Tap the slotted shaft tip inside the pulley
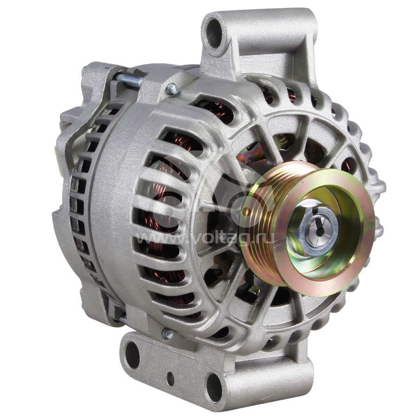(x=320, y=230)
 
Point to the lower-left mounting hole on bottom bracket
(x=131, y=354)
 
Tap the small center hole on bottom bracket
(x=170, y=378)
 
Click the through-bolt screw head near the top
(x=172, y=89)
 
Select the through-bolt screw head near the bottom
(x=168, y=333)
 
